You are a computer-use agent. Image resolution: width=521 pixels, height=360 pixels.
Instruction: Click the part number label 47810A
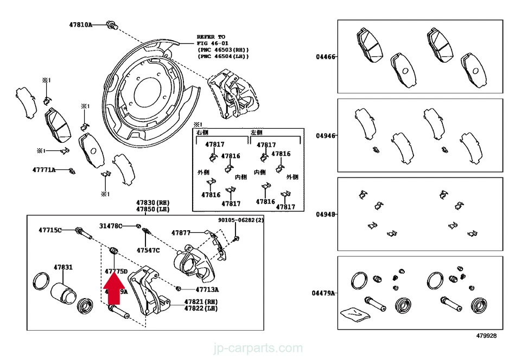81,24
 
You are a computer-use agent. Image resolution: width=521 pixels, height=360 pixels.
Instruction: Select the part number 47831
62,267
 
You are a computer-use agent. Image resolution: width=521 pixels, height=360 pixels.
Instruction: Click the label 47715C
50,230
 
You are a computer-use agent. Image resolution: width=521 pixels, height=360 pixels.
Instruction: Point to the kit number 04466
326,56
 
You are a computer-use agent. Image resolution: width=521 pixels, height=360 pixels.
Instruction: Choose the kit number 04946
326,136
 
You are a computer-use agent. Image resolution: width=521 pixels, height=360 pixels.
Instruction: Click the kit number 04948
326,214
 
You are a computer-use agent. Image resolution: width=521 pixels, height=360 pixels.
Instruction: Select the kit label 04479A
324,293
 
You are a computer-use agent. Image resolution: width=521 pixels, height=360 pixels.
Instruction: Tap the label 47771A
44,170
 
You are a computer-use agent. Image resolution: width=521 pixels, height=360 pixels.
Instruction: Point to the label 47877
181,232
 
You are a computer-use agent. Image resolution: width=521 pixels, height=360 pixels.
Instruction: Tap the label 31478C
111,225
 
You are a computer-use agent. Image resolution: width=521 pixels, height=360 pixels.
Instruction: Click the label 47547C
148,250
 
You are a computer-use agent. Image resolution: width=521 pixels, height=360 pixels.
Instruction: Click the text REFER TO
211,36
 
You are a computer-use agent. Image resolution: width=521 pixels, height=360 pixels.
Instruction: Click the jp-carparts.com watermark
260,348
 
